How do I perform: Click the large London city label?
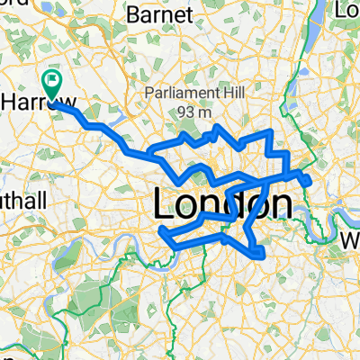pos(222,206)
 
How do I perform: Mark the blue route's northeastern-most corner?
pos(270,132)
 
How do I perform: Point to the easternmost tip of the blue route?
pos(310,183)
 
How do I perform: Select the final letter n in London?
pos(281,206)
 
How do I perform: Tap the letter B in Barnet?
pos(137,15)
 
